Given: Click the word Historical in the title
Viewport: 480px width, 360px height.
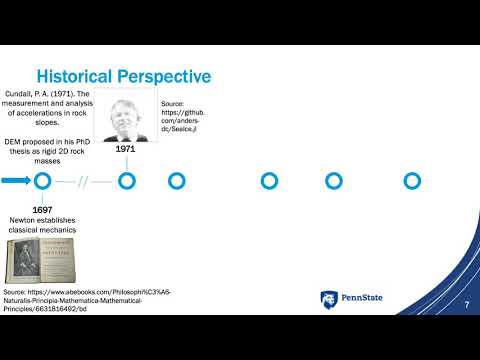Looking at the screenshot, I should (73, 76).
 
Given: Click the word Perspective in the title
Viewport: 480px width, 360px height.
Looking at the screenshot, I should (162, 76).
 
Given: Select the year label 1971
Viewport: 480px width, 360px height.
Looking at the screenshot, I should (126, 149).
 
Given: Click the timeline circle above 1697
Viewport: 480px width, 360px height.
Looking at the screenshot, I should (42, 181).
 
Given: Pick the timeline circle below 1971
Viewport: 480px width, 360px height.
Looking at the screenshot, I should (127, 181).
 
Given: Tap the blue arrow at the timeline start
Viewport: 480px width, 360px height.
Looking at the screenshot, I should (15, 181).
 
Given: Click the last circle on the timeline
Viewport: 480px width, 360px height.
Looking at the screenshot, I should (411, 181).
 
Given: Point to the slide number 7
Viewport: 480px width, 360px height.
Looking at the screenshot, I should (466, 317).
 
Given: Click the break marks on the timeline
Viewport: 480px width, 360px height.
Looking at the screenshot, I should (85, 181).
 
